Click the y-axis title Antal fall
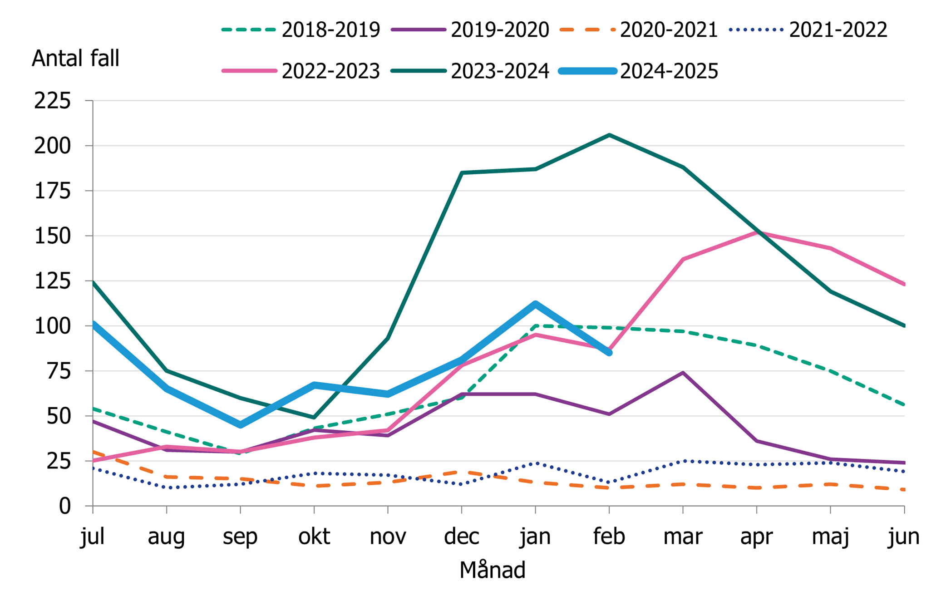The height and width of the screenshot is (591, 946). [x=75, y=59]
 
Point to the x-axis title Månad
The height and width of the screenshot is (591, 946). [x=492, y=570]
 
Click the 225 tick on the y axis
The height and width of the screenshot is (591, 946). [x=52, y=101]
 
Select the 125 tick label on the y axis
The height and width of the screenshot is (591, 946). [x=52, y=281]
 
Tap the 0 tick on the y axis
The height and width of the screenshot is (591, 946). [x=64, y=506]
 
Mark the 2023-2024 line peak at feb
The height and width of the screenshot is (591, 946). [x=609, y=135]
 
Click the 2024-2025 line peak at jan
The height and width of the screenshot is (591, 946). [x=535, y=304]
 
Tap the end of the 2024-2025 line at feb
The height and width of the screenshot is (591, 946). [x=609, y=352]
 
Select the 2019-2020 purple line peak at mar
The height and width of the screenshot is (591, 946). [x=683, y=373]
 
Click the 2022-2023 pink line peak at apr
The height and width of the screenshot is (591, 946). [x=756, y=232]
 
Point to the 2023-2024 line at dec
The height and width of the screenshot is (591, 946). [x=462, y=173]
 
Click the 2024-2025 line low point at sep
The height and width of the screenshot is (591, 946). [x=240, y=425]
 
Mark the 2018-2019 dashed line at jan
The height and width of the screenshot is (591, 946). [x=535, y=326]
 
